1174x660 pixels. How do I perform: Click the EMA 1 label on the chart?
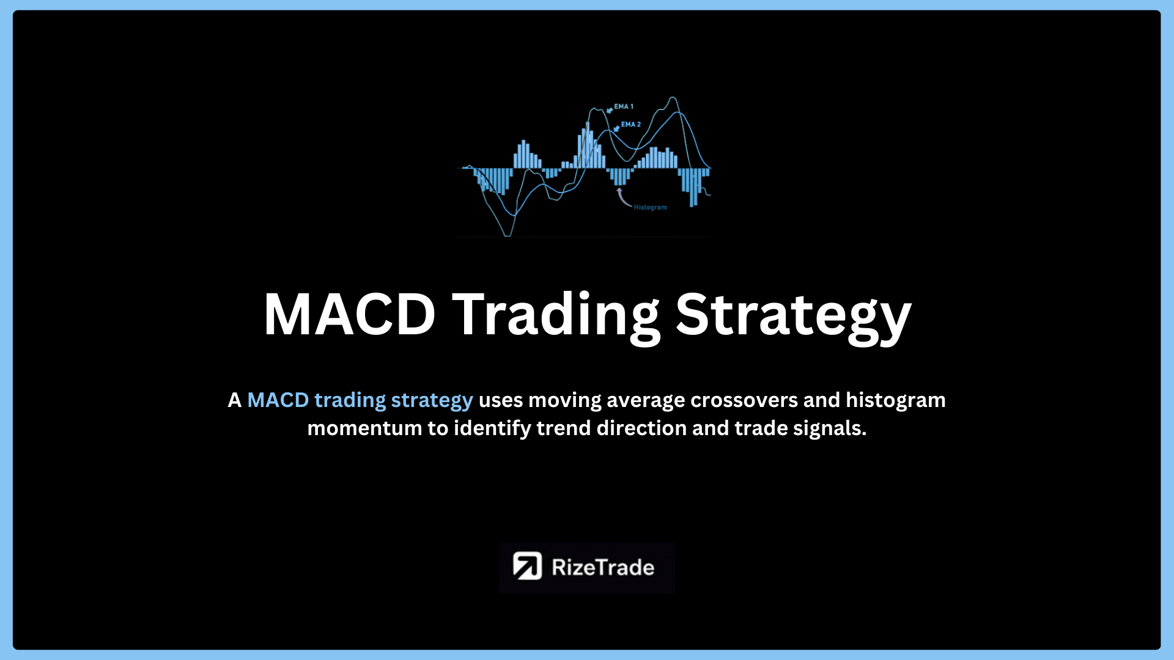click(x=624, y=106)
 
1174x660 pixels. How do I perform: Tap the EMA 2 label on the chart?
click(x=631, y=124)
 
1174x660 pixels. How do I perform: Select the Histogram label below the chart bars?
click(x=651, y=208)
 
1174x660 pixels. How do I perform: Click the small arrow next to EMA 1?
click(x=610, y=110)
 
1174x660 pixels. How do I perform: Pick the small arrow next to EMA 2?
click(x=616, y=128)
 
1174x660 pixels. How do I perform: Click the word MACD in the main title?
click(x=349, y=314)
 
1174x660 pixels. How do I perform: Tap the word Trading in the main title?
click(x=556, y=317)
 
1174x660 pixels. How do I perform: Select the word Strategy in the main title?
click(x=793, y=317)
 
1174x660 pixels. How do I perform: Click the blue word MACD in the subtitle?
click(x=278, y=400)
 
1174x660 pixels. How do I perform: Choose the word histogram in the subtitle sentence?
click(x=896, y=400)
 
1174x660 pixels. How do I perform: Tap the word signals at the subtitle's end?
click(x=830, y=428)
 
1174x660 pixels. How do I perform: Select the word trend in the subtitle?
click(x=564, y=428)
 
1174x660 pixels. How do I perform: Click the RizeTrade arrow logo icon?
click(x=527, y=566)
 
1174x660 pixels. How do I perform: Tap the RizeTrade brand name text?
click(x=603, y=567)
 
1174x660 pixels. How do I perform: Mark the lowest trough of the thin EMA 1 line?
click(x=507, y=235)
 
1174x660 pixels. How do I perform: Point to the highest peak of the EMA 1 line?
click(x=673, y=97)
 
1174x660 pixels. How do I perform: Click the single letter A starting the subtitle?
click(x=235, y=400)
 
